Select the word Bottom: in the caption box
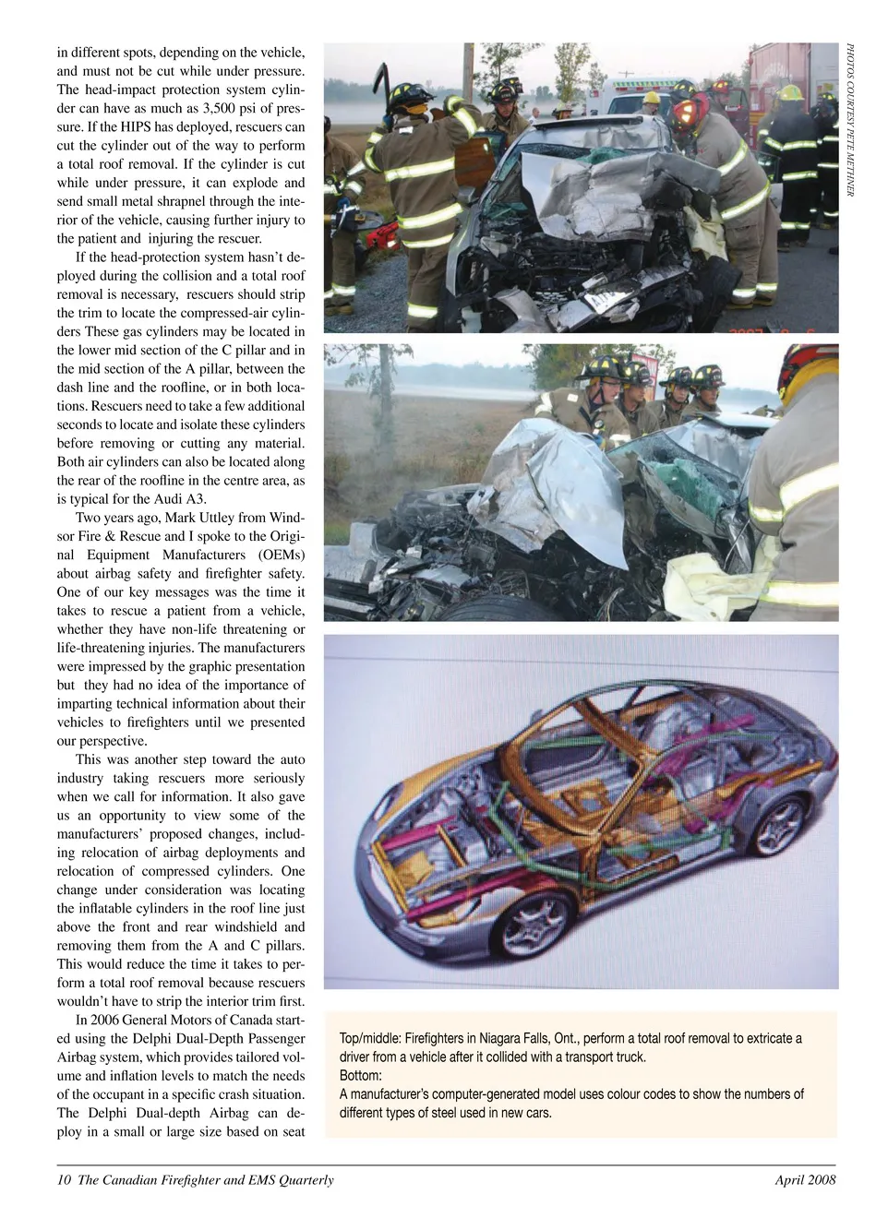[x=361, y=1076]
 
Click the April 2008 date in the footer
[x=805, y=1180]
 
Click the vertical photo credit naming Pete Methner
[x=849, y=120]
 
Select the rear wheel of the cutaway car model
[x=778, y=822]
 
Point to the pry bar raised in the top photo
[x=380, y=88]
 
